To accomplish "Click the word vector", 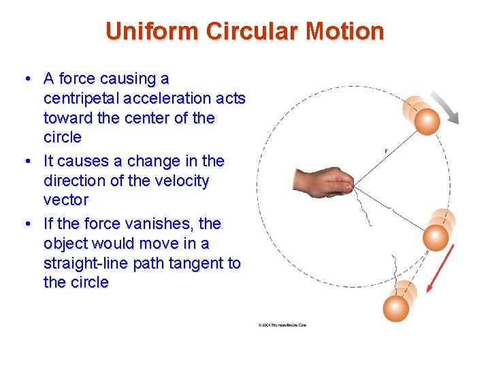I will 66,200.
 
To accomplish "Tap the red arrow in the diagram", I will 440,268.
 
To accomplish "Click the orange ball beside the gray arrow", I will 427,123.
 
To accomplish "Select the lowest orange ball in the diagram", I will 395,308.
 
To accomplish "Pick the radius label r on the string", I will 386,150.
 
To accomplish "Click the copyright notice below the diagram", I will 282,325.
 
